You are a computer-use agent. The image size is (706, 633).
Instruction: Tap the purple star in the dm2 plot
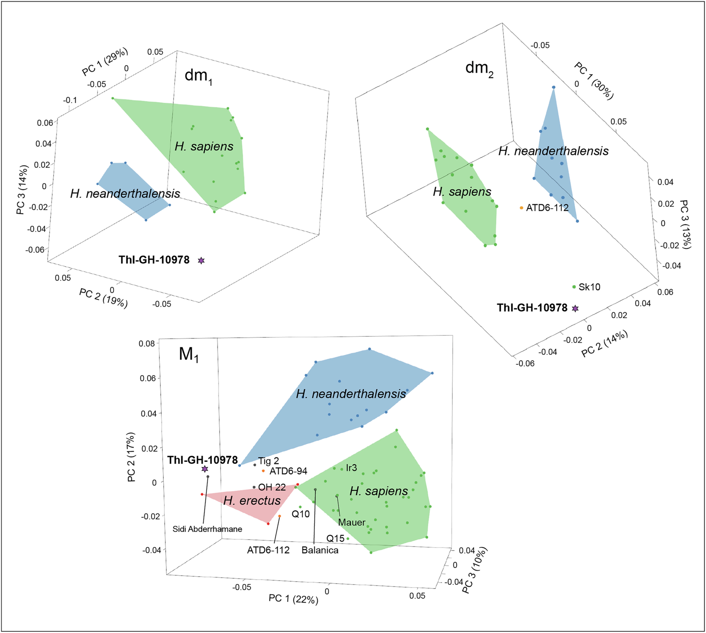(x=575, y=308)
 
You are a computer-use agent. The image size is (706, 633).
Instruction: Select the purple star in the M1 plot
(x=205, y=469)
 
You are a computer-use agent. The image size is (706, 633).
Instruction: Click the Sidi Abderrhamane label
(x=208, y=529)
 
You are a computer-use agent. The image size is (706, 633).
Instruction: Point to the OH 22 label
(x=272, y=487)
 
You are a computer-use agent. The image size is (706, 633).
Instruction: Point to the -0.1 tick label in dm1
(x=70, y=100)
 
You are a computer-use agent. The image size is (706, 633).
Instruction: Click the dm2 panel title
(x=479, y=69)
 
